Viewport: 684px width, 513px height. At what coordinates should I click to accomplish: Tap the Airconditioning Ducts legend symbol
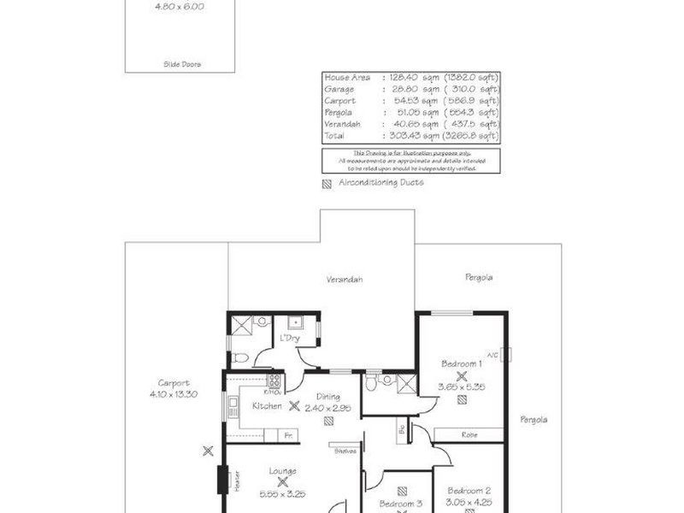coord(326,182)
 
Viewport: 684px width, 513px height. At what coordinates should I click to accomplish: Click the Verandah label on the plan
coord(345,280)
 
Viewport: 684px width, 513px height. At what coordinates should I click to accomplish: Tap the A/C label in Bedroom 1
coord(492,354)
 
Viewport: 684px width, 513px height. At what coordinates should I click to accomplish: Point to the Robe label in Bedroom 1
coord(469,434)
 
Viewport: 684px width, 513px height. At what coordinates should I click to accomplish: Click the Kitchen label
coord(267,406)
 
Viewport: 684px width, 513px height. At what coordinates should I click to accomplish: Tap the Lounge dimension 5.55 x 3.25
coord(281,493)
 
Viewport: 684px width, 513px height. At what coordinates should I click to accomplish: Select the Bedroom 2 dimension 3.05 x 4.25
coord(469,502)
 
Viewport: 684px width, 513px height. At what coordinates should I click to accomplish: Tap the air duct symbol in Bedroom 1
coord(462,374)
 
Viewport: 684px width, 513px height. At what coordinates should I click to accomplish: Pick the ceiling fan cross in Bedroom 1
coord(462,374)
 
